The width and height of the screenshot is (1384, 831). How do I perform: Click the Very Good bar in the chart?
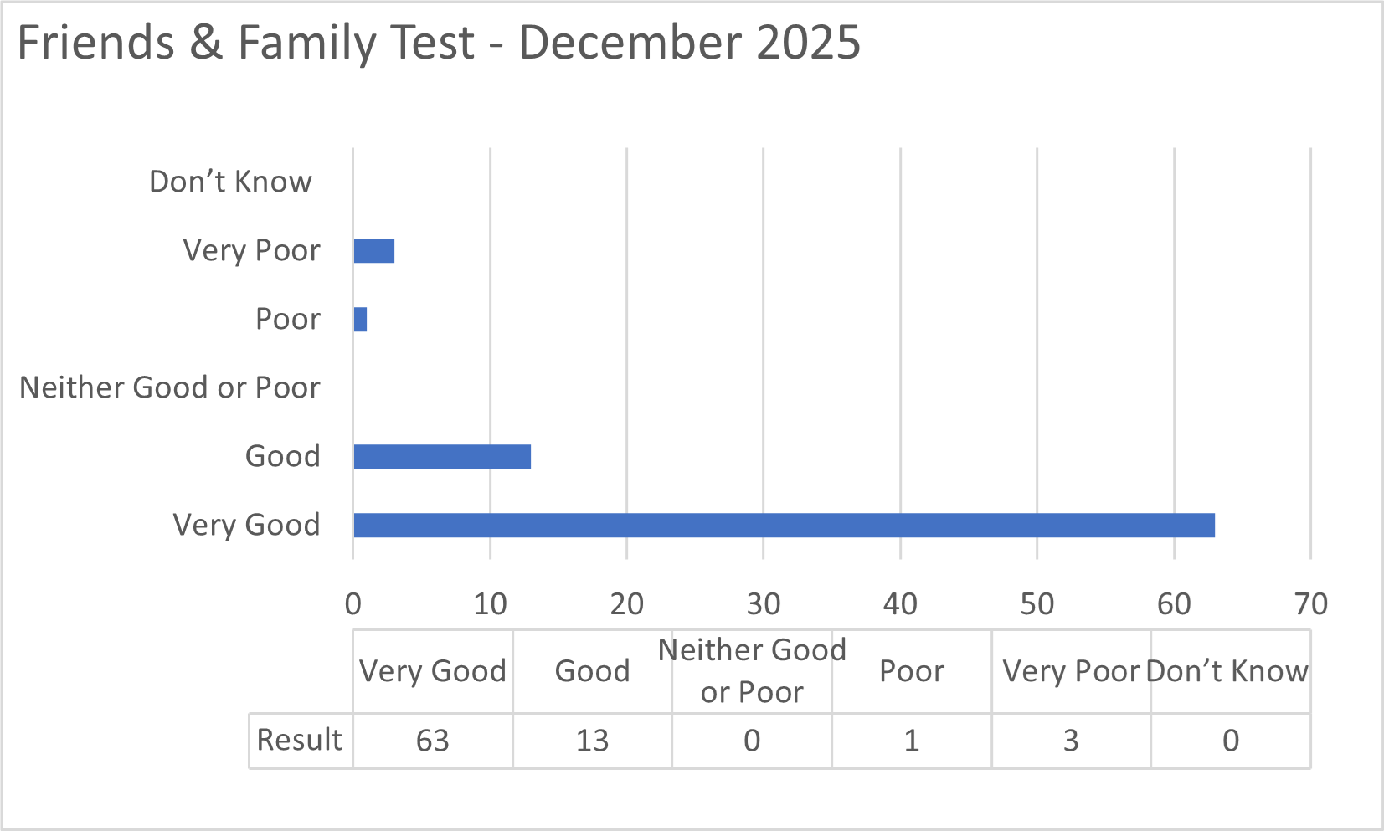[x=784, y=526]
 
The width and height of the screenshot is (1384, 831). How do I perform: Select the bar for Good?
[x=442, y=457]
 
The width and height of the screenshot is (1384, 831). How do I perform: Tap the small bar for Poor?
[x=360, y=320]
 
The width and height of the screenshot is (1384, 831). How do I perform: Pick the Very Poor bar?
[x=373, y=251]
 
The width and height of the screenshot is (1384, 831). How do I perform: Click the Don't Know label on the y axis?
[x=230, y=182]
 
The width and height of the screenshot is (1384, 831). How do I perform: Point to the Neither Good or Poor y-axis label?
[x=170, y=387]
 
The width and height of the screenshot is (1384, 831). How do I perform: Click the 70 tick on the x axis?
[x=1310, y=603]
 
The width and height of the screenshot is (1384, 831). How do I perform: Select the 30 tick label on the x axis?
[x=763, y=603]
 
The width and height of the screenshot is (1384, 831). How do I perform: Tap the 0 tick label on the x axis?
[x=353, y=603]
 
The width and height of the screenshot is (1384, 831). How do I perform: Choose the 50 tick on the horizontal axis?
[x=1037, y=603]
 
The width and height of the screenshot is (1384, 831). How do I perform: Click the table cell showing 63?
[x=433, y=741]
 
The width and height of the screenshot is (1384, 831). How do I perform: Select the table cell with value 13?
[x=592, y=741]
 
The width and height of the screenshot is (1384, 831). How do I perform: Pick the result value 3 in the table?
[x=1071, y=741]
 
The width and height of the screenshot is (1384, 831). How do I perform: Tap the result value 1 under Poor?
[x=911, y=741]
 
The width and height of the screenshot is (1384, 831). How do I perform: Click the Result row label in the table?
[x=299, y=740]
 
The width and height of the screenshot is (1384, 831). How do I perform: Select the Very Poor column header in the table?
[x=1071, y=671]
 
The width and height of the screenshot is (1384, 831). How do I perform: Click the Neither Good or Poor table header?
[x=752, y=671]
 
